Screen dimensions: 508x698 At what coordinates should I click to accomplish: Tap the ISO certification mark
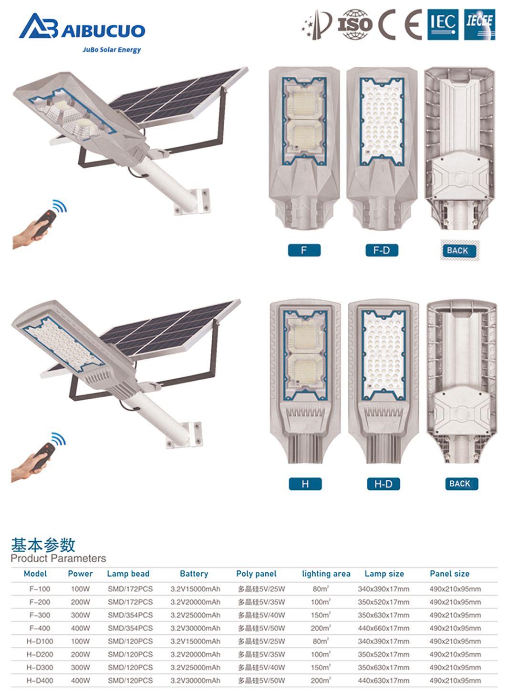[x=354, y=25]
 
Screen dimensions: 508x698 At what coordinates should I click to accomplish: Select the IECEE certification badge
[x=479, y=25]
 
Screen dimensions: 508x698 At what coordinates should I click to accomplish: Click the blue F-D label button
[x=382, y=250]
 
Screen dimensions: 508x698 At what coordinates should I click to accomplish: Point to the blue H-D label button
[x=383, y=484]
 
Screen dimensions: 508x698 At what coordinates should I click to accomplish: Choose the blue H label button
[x=305, y=484]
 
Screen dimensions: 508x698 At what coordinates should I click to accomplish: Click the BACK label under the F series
[x=458, y=251]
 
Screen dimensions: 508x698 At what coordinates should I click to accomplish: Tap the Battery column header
[x=194, y=574]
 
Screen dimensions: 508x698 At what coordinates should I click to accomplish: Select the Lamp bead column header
[x=128, y=574]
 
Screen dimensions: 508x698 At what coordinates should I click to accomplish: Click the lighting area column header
[x=326, y=574]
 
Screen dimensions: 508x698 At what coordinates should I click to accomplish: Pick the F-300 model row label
[x=40, y=615]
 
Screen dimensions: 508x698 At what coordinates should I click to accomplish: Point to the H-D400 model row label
[x=40, y=680]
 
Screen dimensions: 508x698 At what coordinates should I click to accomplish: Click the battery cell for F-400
[x=196, y=628]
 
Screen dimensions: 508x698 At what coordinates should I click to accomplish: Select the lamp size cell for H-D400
[x=384, y=680]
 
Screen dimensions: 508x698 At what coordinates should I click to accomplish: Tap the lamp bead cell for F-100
[x=130, y=589]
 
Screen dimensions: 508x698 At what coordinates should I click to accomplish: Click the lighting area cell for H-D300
[x=321, y=667]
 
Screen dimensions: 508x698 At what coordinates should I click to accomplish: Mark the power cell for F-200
[x=80, y=602]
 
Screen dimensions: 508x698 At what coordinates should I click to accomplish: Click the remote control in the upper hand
[x=45, y=223]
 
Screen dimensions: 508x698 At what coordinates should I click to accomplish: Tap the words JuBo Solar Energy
[x=112, y=50]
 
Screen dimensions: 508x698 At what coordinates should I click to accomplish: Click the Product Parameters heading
[x=58, y=558]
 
